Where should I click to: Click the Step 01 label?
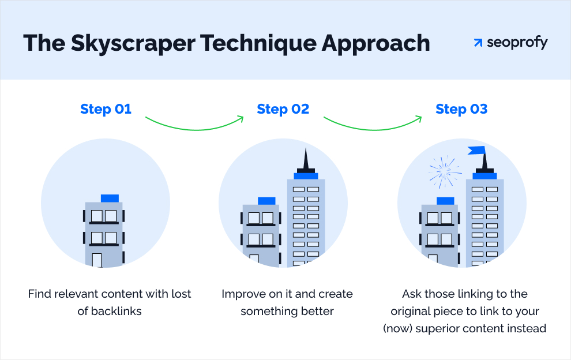106,109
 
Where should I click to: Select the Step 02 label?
283,109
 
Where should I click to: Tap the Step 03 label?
461,109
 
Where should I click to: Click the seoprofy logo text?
517,43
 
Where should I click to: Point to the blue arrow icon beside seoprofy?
478,43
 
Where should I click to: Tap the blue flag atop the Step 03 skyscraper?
476,151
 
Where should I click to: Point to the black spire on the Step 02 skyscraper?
306,160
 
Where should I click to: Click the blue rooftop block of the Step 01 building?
110,198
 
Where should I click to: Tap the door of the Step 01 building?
97,260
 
